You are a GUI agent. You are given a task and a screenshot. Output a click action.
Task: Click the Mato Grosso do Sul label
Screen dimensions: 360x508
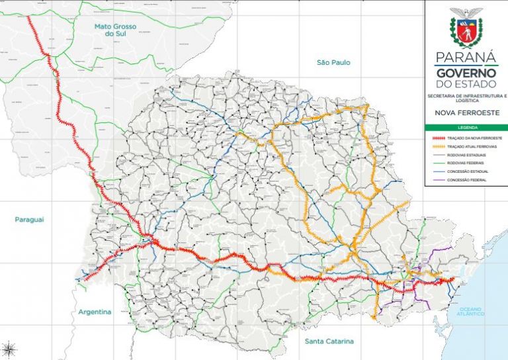tap(115, 31)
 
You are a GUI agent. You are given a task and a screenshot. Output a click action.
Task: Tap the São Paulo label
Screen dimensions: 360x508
tap(333, 63)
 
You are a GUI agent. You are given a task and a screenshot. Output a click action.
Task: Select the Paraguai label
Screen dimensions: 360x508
tap(29, 219)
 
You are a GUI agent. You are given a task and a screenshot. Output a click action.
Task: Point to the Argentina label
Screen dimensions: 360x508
tap(95, 312)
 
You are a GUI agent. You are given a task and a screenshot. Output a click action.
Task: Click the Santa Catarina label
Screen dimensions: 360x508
tap(329, 341)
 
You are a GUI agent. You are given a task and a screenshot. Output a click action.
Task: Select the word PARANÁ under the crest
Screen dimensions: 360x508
tap(466, 57)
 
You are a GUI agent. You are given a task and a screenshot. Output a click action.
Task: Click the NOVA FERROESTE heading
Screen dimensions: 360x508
tap(466, 113)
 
